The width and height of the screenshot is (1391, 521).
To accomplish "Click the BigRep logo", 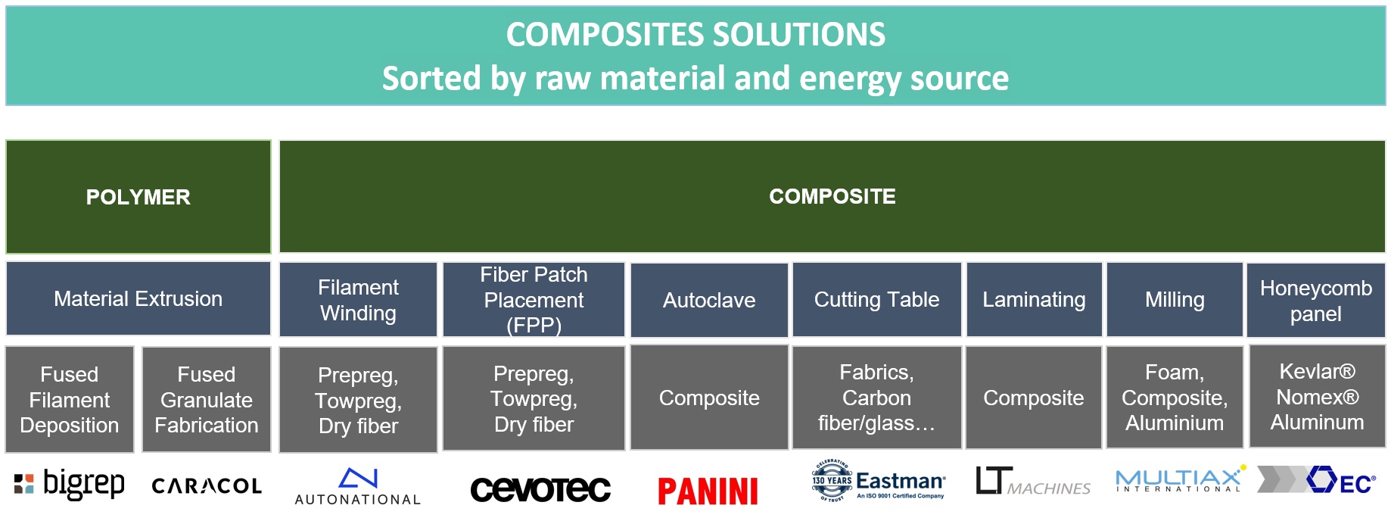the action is click(70, 485).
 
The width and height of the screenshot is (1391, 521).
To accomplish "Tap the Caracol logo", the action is click(207, 486).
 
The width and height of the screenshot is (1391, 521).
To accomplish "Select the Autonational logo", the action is click(358, 487).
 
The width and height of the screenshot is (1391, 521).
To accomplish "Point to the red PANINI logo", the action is click(708, 491).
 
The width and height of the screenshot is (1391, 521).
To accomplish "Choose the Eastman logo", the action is click(878, 481).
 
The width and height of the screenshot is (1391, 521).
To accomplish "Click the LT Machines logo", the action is click(1033, 482).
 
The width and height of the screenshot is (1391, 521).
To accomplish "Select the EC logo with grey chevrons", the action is click(1317, 479).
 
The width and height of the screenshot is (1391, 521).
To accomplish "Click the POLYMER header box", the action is click(138, 197).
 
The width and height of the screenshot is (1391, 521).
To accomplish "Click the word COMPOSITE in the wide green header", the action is click(832, 197).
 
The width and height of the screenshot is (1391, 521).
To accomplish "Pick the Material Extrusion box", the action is click(138, 299).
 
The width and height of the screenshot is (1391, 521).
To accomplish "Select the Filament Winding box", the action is click(358, 300).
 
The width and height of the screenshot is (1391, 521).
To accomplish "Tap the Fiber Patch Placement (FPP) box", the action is click(534, 300).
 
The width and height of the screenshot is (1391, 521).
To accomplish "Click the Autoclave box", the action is click(709, 300).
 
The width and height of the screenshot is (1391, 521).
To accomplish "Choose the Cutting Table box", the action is click(876, 300).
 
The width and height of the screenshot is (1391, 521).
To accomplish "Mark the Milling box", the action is click(1175, 300).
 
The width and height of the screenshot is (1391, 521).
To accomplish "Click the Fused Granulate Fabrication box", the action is click(207, 400).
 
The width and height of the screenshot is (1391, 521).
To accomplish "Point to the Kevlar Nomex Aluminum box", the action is click(1317, 397).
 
